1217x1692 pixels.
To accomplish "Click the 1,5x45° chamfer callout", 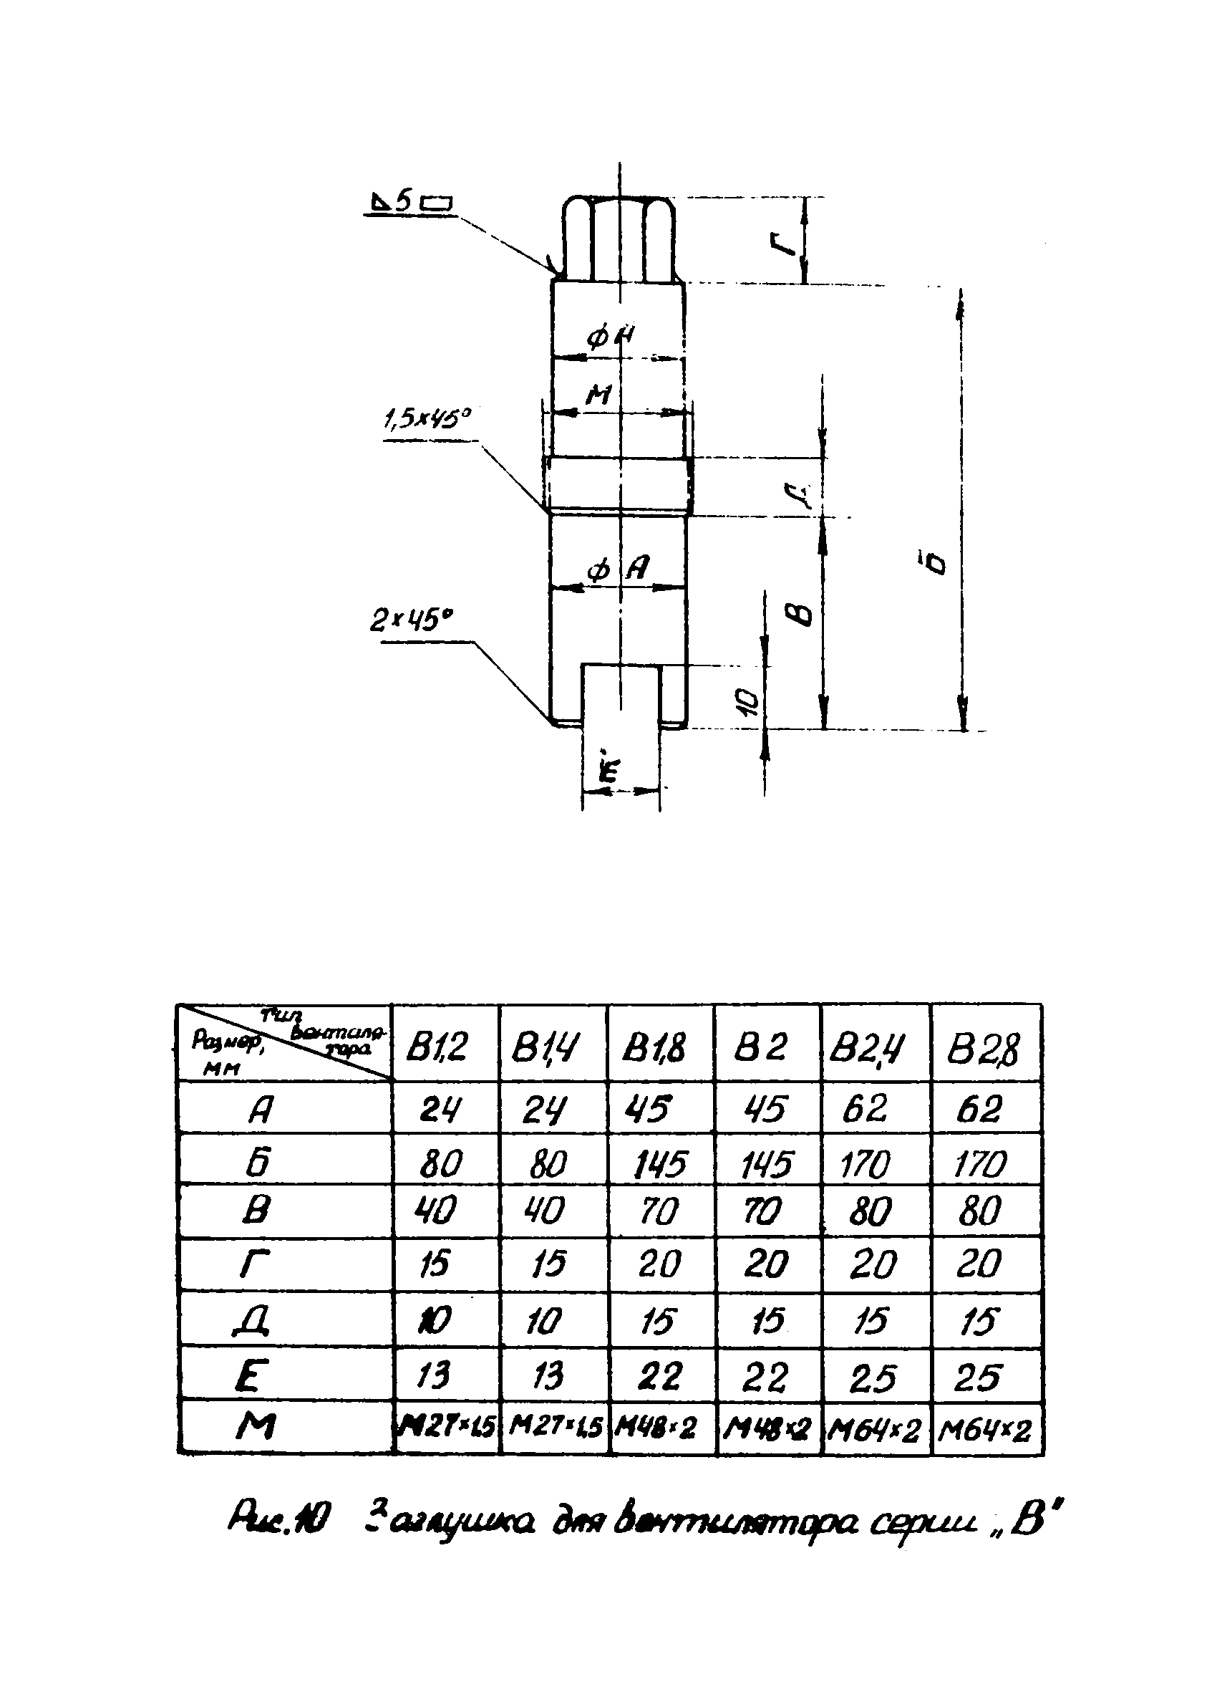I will point(427,420).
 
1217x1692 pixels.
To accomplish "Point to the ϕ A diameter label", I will point(619,569).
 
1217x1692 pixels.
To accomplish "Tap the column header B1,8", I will point(657,1047).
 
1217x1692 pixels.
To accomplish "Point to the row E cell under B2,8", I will point(978,1376).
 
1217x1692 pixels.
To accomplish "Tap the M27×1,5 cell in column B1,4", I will point(556,1428).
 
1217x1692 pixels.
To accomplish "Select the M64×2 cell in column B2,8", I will point(984,1429).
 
